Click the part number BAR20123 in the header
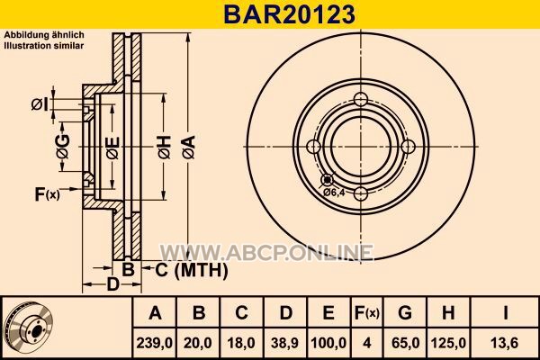289,14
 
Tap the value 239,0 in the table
155,343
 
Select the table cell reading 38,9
284,343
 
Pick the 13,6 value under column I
505,343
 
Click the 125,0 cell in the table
448,343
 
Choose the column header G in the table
405,312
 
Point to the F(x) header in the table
367,312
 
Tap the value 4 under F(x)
367,343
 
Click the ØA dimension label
188,147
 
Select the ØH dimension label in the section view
165,147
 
